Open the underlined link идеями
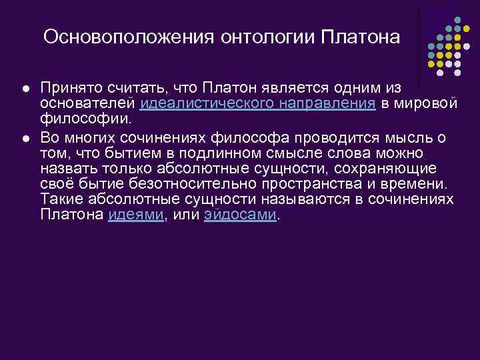(x=136, y=215)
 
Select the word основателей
(x=89, y=103)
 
